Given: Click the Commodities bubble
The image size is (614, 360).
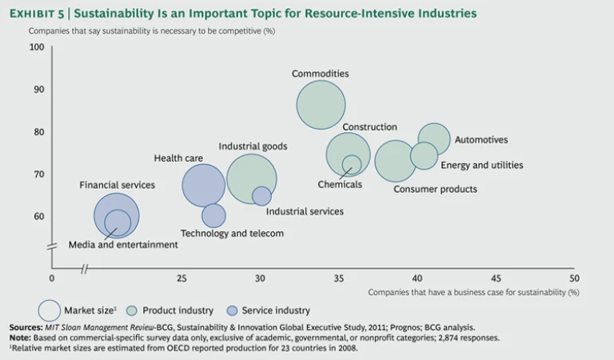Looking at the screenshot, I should tap(321, 105).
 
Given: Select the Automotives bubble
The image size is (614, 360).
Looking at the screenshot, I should tap(434, 139).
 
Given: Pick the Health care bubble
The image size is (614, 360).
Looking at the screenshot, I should tap(204, 186).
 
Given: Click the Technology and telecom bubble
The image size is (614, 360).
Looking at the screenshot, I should tap(213, 215).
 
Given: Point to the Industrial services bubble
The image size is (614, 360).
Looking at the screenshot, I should tap(261, 196).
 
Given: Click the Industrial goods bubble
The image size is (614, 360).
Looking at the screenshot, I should tap(251, 179).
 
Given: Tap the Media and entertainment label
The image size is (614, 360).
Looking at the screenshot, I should tap(123, 245).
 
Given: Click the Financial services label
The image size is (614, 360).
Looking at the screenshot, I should tap(117, 185).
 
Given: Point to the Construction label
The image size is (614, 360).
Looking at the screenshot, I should tap(369, 127).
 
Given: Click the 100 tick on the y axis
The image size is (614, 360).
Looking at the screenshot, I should tap(37, 47).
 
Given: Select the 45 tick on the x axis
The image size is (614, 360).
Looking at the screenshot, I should tap(496, 278).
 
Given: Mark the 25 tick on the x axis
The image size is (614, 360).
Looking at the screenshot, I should tap(181, 278).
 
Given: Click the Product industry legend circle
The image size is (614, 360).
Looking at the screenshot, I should tap(133, 310).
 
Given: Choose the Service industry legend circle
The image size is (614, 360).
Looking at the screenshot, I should tap(233, 310).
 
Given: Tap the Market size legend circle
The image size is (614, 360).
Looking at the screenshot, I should tap(50, 310).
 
